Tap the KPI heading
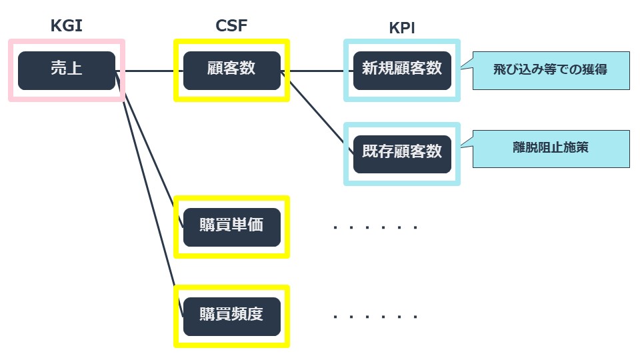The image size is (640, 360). click(x=402, y=28)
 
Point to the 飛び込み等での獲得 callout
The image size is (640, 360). click(x=550, y=70)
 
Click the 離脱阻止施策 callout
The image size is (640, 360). click(x=550, y=148)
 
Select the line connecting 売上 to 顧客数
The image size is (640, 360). click(x=150, y=71)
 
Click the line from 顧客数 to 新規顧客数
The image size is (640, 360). click(x=317, y=71)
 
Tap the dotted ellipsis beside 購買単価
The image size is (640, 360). click(x=375, y=227)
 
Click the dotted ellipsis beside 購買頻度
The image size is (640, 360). click(x=375, y=317)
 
